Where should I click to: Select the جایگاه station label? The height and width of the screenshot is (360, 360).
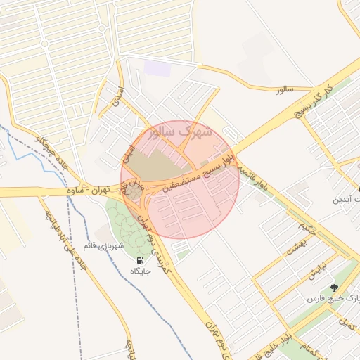tap(138, 270)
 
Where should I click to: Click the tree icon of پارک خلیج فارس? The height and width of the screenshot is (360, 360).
tap(333, 288)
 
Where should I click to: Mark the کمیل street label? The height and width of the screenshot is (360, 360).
tap(347, 324)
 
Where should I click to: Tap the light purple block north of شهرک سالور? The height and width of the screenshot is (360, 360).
tap(157, 68)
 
